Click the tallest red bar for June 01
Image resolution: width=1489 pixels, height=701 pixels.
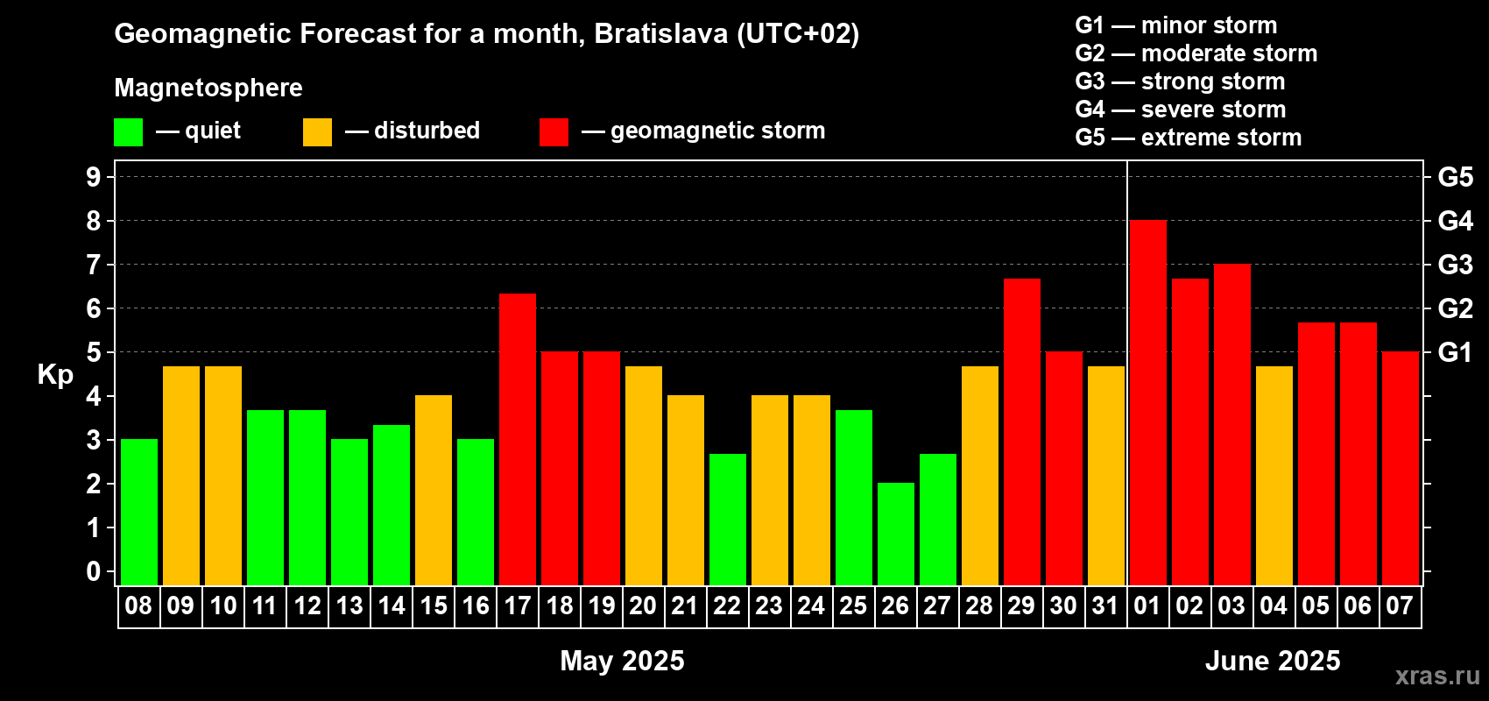[1148, 402]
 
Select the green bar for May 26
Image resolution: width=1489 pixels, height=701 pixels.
[895, 534]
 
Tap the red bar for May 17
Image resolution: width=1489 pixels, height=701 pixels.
[517, 440]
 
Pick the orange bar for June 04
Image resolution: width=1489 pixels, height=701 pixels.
[1274, 476]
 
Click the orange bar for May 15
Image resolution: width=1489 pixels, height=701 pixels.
[434, 490]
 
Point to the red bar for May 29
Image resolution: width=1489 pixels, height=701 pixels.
[1021, 432]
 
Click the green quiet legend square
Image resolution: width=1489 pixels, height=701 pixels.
[128, 131]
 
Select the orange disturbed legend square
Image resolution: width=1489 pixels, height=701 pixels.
[317, 131]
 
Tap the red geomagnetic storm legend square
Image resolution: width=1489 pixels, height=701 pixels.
[554, 131]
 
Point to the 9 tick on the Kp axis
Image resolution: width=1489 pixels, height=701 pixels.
[93, 177]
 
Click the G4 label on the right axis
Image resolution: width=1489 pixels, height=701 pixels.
[1456, 221]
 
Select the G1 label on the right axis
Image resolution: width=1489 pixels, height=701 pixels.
[1456, 352]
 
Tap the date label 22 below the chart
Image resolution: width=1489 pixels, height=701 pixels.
[727, 605]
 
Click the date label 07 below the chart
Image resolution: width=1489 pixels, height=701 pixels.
[1400, 605]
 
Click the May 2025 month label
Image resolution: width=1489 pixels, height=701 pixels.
[622, 661]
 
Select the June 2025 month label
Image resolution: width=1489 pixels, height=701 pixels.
[1273, 661]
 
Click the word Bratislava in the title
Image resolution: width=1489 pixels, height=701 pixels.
[661, 33]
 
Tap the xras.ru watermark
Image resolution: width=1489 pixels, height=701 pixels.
[1438, 676]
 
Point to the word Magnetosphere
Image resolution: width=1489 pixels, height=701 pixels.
[208, 88]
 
